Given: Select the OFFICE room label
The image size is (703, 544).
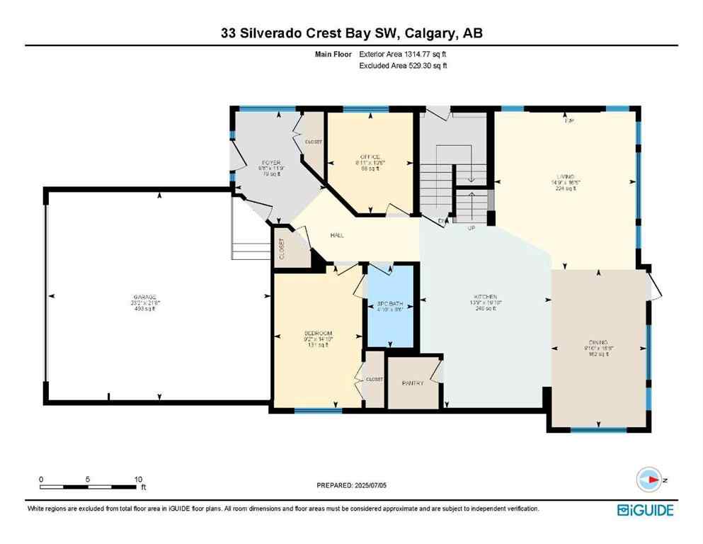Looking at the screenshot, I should tap(370, 157).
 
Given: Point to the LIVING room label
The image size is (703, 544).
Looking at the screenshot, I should tap(565, 176).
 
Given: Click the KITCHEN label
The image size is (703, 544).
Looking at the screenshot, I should tap(485, 297).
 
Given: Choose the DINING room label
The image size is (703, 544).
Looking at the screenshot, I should tap(598, 341).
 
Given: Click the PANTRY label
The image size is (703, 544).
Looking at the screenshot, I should tap(412, 383).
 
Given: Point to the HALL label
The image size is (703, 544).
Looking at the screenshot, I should tap(337, 235).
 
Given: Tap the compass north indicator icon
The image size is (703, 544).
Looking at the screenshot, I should tap(648, 480).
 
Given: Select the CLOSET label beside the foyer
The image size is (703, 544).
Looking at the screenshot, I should tap(313, 142).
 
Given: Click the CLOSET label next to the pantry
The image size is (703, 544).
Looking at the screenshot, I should tap(374, 380).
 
